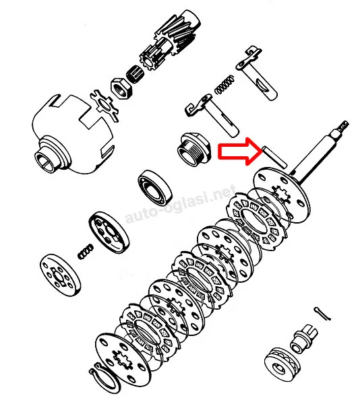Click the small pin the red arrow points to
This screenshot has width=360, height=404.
point(274,157)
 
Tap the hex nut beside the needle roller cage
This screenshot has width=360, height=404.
point(121,88)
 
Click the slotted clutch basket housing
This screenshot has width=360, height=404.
point(73,135)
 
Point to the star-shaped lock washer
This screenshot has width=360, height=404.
point(104,106)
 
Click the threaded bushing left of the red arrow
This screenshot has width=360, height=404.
point(195,149)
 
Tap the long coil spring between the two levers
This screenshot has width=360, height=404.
point(225,85)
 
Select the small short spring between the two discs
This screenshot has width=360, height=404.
point(86,252)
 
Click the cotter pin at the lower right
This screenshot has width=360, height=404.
point(322,314)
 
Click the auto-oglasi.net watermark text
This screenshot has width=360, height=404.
point(181,203)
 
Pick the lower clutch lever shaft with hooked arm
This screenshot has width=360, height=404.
point(212,114)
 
